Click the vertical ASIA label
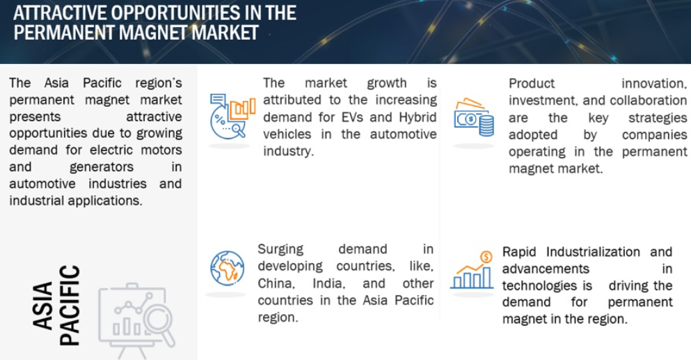[x=42, y=306]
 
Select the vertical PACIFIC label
[x=70, y=305]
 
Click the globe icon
[x=228, y=268]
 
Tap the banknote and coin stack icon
[x=474, y=117]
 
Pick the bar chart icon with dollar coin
[x=472, y=270]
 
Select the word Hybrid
[x=418, y=118]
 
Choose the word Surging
[x=280, y=250]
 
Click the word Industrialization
[x=593, y=252]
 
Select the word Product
[x=532, y=84]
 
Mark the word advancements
[x=546, y=269]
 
